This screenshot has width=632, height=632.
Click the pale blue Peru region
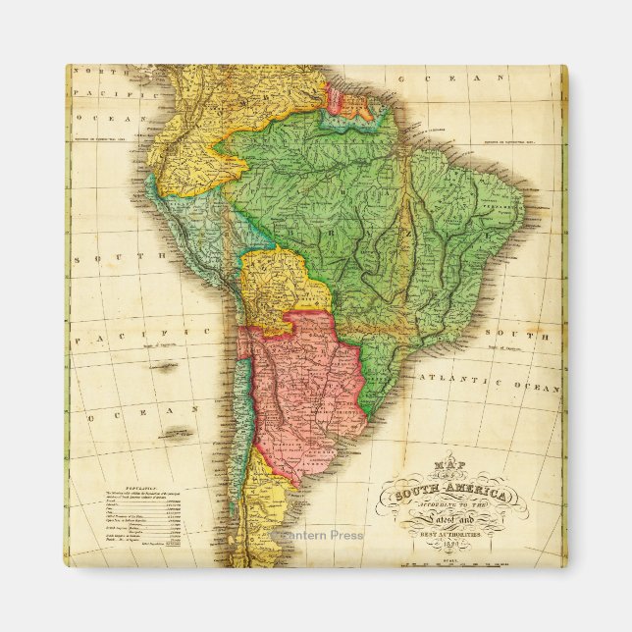click(191, 221)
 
